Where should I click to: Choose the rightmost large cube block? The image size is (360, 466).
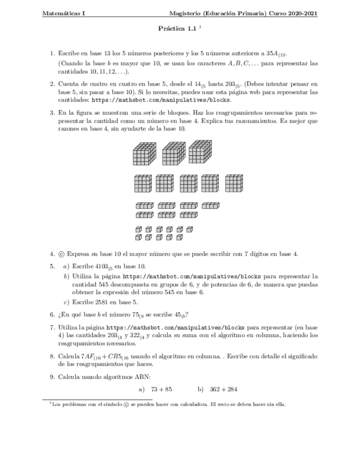pos(200,151)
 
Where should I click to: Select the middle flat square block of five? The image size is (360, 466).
pos(187,184)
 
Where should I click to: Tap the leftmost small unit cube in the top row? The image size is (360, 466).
pos(139,229)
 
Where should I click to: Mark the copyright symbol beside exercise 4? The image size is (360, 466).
pos(60,254)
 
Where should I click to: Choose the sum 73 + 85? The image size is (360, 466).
pos(161,389)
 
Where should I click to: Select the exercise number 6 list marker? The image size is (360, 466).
pos(52,314)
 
